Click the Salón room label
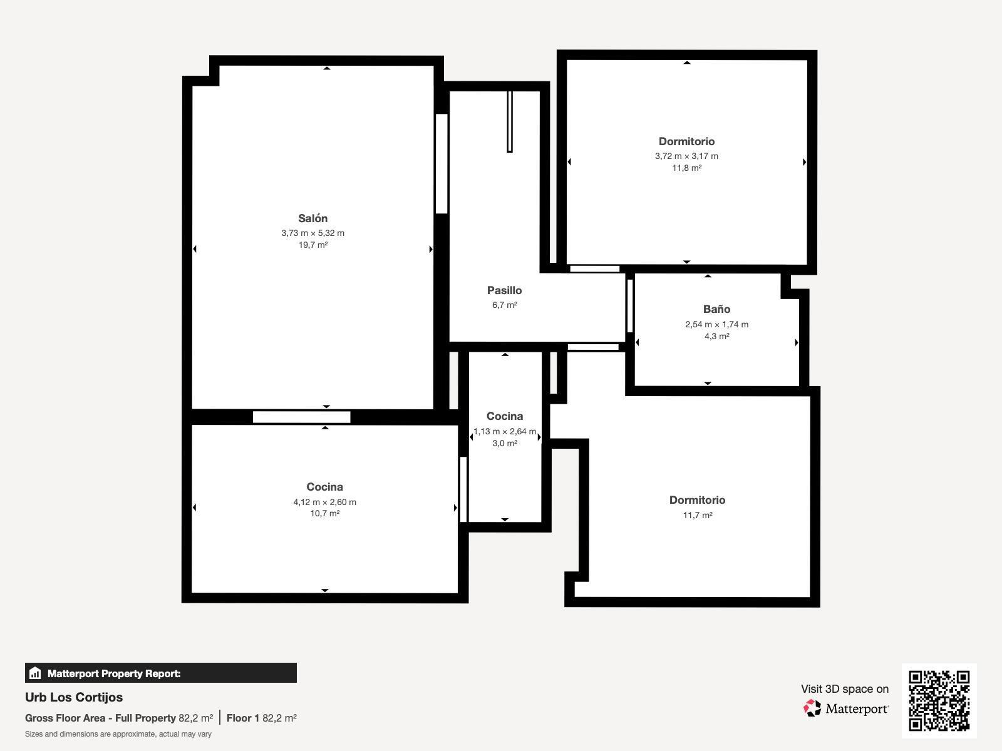pos(312,218)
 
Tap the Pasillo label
pos(504,290)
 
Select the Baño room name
pos(716,309)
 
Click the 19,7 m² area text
pos(313,245)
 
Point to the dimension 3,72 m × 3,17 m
pos(686,156)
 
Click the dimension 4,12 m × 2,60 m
pos(324,502)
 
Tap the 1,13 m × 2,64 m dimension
pos(505,431)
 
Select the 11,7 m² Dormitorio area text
pos(698,515)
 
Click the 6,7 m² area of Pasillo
pos(504,305)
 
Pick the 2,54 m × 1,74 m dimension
pos(716,325)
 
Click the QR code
pos(939,701)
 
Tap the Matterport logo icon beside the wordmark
pos(812,708)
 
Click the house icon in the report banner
pos(35,673)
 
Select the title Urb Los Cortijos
pos(74,697)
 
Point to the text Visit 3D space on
pos(845,689)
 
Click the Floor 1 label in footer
pos(243,718)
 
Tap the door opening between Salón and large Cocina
pos(302,417)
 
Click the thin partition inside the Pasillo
pos(510,121)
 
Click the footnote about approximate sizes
pos(118,734)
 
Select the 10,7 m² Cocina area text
pos(324,513)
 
